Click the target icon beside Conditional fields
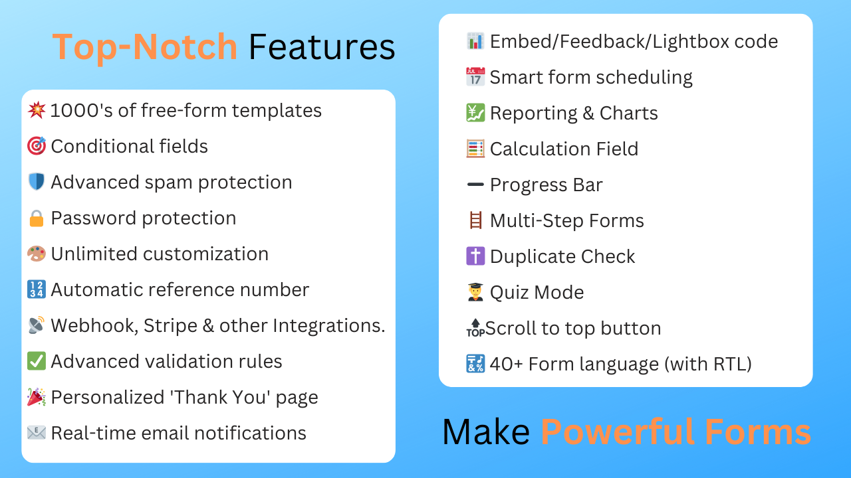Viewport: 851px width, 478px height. [x=37, y=146]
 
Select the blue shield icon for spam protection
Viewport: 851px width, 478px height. [x=37, y=182]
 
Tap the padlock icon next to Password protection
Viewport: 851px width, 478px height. [x=37, y=218]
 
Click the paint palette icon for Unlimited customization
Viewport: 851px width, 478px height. [x=37, y=254]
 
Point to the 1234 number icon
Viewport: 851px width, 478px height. [x=37, y=289]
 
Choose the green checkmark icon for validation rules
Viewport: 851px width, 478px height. [x=37, y=361]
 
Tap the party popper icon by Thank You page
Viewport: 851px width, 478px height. [x=37, y=397]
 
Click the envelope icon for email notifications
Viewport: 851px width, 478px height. [x=37, y=433]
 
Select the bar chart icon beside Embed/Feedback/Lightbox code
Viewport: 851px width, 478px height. [x=475, y=41]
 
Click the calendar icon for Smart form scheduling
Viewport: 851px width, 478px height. [x=475, y=77]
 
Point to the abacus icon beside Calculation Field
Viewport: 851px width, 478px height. [x=475, y=149]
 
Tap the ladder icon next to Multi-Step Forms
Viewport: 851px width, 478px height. [x=475, y=220]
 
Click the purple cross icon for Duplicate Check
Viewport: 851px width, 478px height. [x=475, y=256]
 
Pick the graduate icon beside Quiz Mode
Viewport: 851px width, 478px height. [x=475, y=292]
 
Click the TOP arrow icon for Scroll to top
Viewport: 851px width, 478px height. [x=475, y=328]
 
